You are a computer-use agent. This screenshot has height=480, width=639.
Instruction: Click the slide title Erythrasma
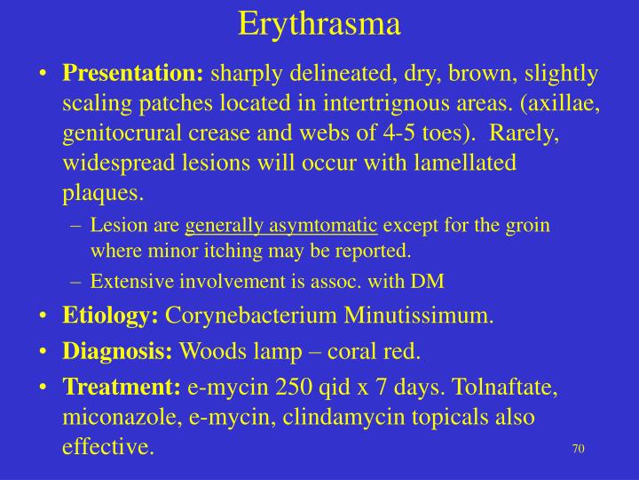coord(319,24)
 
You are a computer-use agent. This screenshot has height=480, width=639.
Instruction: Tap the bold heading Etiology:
coord(110,316)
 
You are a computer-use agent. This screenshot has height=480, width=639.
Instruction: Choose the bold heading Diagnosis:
coord(117,351)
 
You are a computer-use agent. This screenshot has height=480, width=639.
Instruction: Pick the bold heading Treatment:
coord(122,387)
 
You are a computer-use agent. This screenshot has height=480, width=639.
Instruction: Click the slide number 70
coord(578,448)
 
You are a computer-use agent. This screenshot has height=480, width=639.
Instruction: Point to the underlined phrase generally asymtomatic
coord(281,226)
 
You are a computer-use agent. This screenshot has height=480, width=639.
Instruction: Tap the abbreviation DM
coord(431,282)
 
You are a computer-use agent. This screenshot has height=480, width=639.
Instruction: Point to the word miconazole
coord(120,417)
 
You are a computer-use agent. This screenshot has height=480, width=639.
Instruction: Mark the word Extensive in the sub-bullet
coord(124,282)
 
